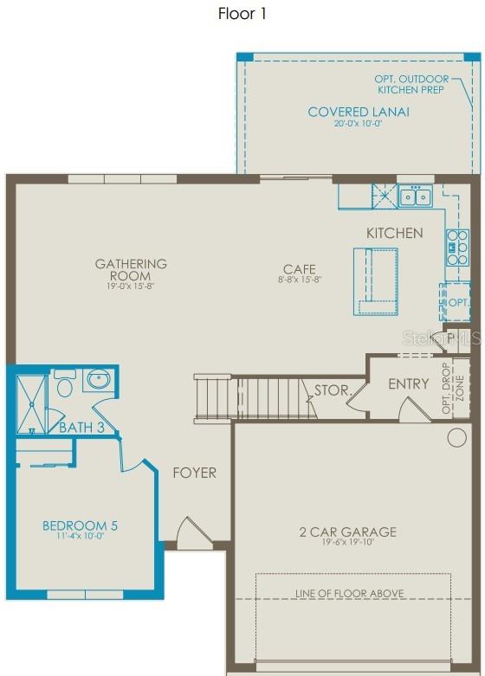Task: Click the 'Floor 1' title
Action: pyautogui.click(x=243, y=14)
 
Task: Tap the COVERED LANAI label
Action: pyautogui.click(x=359, y=112)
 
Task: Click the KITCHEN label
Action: pyautogui.click(x=394, y=233)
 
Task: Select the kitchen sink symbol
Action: pyautogui.click(x=415, y=196)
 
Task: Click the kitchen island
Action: pyautogui.click(x=375, y=280)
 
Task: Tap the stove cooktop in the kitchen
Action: pyautogui.click(x=456, y=247)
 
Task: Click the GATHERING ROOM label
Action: pyautogui.click(x=131, y=269)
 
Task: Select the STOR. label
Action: pyautogui.click(x=330, y=390)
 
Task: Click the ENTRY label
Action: pyautogui.click(x=408, y=383)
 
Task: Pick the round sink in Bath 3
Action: pyautogui.click(x=97, y=379)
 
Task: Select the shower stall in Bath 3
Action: pyautogui.click(x=30, y=401)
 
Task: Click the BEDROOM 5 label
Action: pyautogui.click(x=80, y=525)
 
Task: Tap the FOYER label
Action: pyautogui.click(x=194, y=473)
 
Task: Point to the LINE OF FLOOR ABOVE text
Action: pyautogui.click(x=349, y=593)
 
